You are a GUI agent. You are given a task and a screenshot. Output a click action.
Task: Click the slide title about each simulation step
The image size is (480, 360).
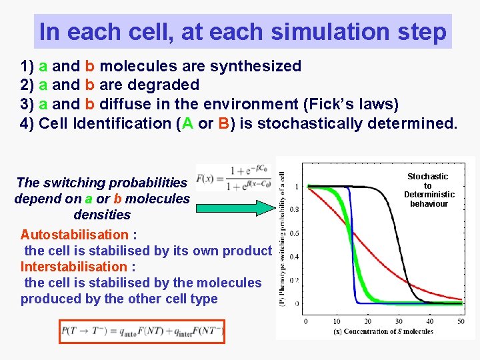(x=243, y=32)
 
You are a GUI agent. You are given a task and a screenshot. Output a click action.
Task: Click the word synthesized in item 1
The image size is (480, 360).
(x=255, y=66)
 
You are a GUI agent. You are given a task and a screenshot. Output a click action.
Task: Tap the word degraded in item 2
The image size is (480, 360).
(x=167, y=85)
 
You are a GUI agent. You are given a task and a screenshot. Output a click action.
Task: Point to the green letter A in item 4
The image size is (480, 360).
(x=179, y=123)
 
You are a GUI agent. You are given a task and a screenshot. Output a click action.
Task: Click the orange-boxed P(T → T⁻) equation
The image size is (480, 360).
(x=142, y=331)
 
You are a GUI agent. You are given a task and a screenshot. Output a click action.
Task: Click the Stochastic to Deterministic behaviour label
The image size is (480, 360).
(x=429, y=190)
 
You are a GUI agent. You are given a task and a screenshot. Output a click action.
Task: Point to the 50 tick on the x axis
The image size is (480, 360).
(x=461, y=321)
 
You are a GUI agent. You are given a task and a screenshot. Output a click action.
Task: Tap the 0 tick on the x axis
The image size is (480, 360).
(x=306, y=321)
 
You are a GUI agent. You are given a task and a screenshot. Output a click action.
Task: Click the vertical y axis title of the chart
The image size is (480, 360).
(x=282, y=237)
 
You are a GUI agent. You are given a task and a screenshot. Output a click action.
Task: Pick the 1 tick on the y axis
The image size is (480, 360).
(x=296, y=186)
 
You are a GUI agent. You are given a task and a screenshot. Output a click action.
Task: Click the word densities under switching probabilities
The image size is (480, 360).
(x=102, y=215)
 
